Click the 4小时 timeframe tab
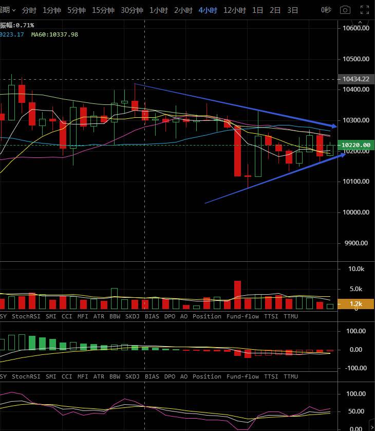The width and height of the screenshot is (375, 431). coord(208,10)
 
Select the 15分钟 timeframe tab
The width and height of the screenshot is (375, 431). coord(103,10)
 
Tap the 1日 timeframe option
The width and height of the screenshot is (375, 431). coord(257,10)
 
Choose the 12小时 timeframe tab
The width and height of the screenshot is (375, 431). coord(234,10)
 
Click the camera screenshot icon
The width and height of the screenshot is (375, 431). coord(345,10)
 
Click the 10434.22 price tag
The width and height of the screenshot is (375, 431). coord(356,79)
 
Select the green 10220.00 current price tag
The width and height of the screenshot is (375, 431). coord(356,146)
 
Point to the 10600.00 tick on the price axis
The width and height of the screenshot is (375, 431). coord(356,28)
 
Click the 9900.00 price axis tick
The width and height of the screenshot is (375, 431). coord(356,243)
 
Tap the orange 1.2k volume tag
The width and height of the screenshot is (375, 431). coord(356,304)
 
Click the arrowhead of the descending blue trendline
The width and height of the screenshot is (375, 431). coord(334,125)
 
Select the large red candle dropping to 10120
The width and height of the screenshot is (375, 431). coord(237,151)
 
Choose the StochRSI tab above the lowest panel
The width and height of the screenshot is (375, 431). coord(26,376)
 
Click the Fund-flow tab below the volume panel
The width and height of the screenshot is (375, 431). coord(242,316)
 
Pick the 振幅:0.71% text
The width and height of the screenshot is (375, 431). coord(17,25)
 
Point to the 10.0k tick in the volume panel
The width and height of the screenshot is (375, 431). coord(356,269)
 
